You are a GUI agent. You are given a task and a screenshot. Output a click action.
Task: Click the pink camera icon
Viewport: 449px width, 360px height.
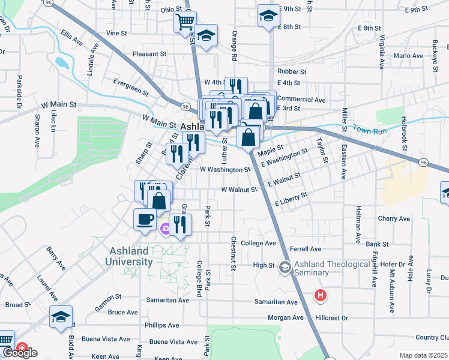click(x=164, y=227)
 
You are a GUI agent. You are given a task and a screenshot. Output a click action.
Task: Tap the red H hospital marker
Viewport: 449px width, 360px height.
click(x=321, y=295)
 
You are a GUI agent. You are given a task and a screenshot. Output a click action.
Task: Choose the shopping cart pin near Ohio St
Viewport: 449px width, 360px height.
click(x=185, y=23)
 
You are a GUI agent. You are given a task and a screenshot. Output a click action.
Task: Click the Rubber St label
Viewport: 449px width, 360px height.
click(x=292, y=71)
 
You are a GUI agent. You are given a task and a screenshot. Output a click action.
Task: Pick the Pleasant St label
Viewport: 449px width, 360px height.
click(x=149, y=54)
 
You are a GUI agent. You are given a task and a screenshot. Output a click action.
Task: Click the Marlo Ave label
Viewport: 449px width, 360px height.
click(x=409, y=56)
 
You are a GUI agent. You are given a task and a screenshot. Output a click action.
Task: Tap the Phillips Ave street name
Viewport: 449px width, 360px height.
click(x=162, y=325)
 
